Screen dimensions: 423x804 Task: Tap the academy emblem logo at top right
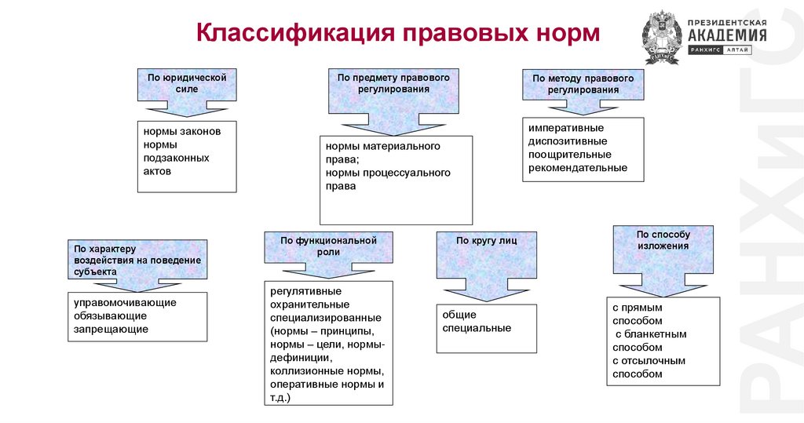[662, 36]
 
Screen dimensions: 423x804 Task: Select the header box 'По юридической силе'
[187, 83]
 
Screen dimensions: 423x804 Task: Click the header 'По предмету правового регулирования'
[393, 83]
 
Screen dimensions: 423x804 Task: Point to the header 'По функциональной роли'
[328, 246]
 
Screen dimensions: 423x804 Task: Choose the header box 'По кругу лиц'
[487, 241]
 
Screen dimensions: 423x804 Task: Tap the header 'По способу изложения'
[663, 239]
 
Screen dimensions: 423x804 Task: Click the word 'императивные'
[566, 127]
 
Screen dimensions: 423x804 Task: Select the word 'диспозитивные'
[568, 140]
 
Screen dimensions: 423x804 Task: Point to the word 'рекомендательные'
[578, 167]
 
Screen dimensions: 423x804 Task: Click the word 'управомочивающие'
[125, 302]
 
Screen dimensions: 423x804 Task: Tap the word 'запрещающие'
[111, 329]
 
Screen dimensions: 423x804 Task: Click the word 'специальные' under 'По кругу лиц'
[477, 328]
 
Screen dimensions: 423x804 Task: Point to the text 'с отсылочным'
[649, 361]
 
